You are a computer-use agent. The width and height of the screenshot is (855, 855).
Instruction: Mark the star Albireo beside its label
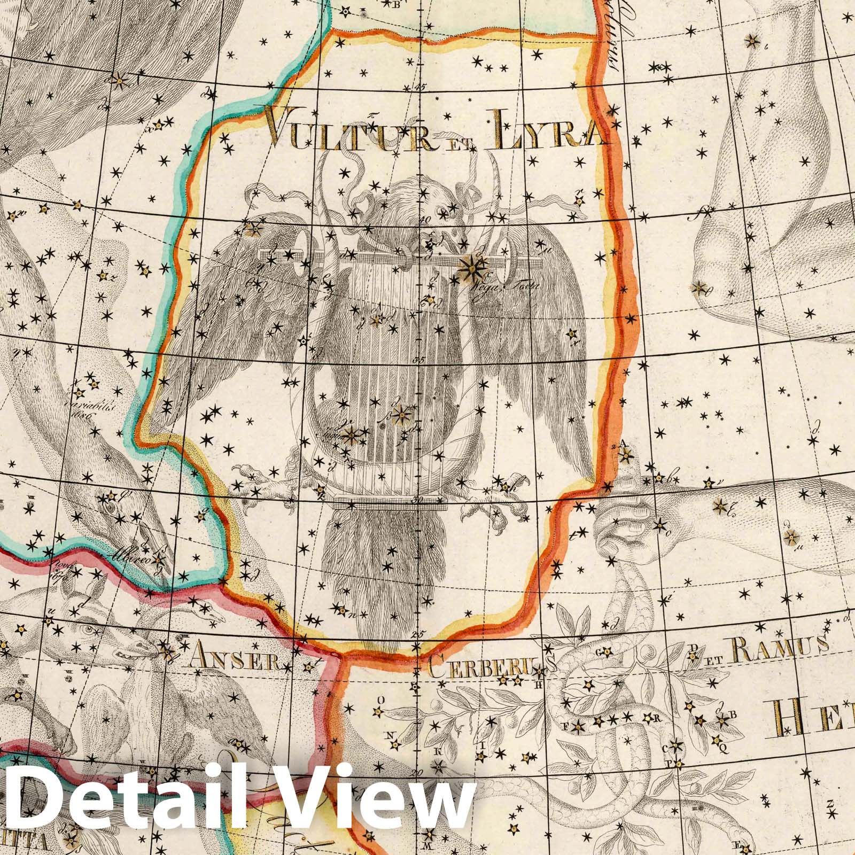(159, 559)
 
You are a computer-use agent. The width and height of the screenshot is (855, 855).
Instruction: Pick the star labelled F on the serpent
(579, 726)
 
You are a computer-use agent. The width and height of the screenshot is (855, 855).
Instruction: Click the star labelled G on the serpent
(607, 651)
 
